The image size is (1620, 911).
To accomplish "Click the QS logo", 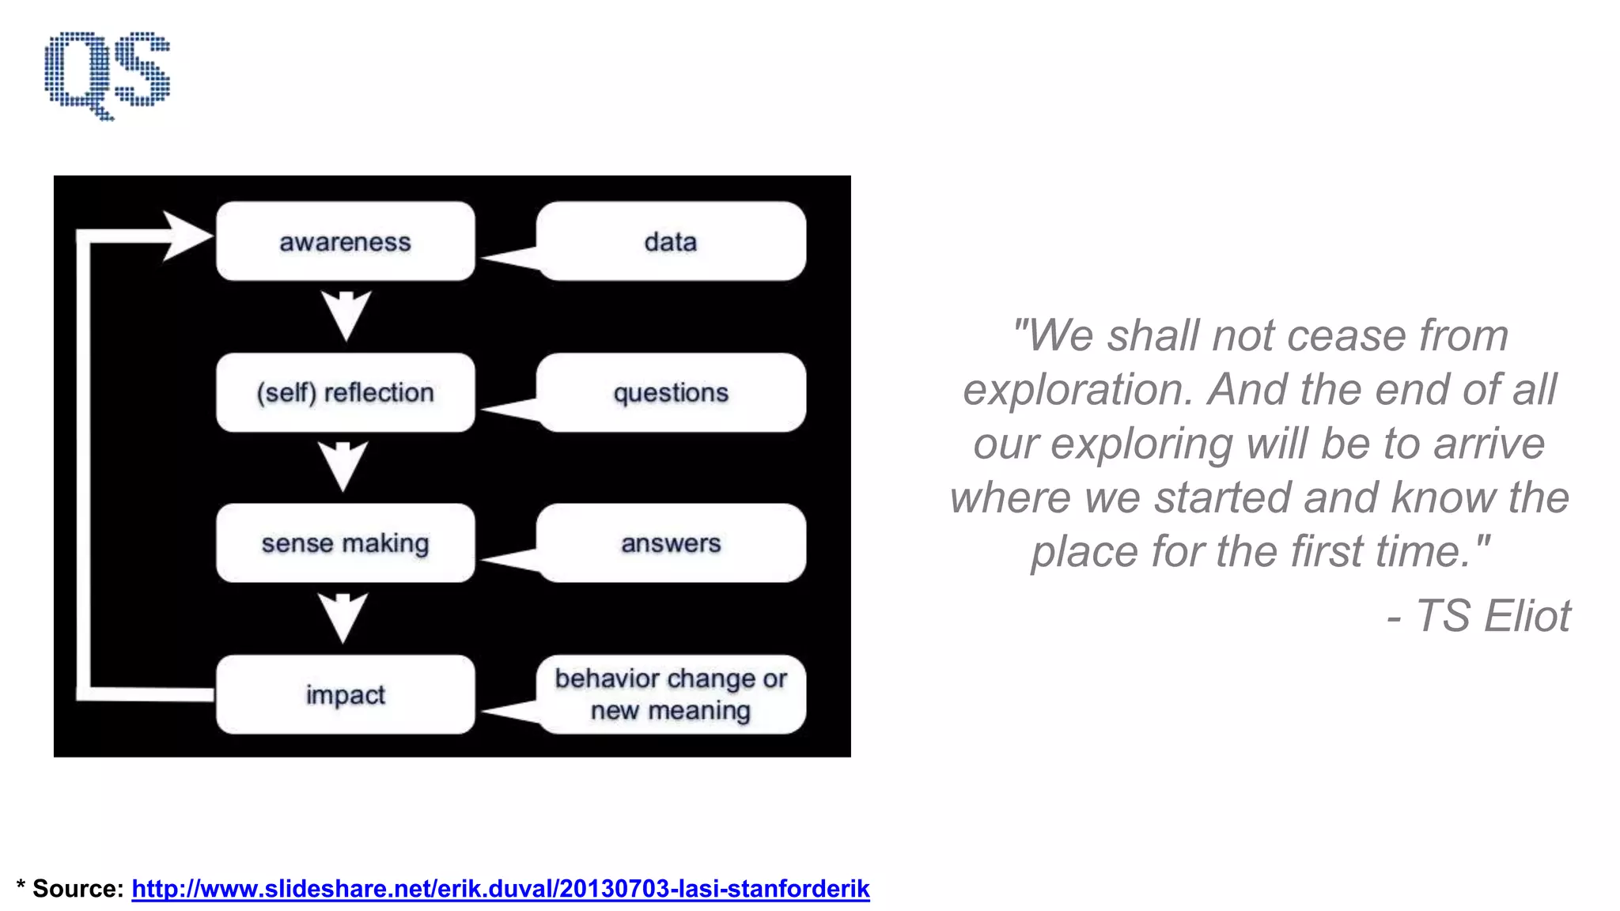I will pos(107,74).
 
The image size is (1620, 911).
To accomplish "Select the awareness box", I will pos(345,241).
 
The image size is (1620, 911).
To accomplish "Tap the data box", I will pos(671,241).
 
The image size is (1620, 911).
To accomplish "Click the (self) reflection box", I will pos(345,392).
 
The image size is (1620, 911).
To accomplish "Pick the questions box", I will pos(671,392).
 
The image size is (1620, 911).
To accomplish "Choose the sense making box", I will pos(345,543).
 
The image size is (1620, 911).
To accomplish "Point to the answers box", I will pos(671,543).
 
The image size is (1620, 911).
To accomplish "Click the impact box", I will pos(345,694).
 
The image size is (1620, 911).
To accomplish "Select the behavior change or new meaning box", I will pos(671,694).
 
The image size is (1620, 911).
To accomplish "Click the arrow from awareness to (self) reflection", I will pos(346,315).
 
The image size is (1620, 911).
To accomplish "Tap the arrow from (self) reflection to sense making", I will pos(343,466).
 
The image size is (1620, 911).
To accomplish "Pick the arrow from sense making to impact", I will pos(343,617).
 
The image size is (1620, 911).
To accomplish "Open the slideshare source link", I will pos(500,889).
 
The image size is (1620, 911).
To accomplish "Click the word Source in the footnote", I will pos(78,889).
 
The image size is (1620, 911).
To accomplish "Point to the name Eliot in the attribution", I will pos(1527,616).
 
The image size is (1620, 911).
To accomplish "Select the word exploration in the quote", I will pos(1077,390).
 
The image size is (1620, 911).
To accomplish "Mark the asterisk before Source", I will pos(21,886).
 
